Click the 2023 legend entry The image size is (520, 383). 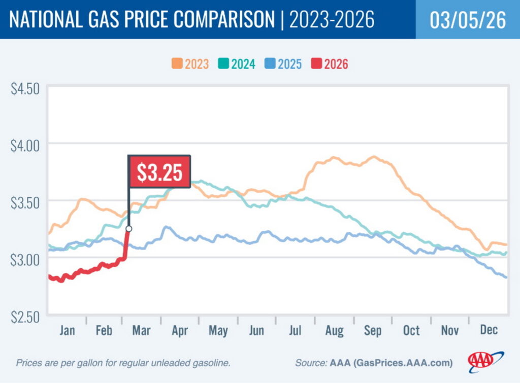tap(190, 64)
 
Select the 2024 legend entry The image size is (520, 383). tap(237, 64)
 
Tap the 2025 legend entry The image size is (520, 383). tap(283, 64)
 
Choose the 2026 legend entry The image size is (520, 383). tap(330, 64)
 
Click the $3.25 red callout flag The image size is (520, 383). tap(159, 171)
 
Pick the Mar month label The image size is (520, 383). tap(141, 331)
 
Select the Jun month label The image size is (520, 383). tap(256, 331)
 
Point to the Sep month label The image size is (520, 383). tap(372, 331)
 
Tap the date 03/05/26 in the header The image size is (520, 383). tap(468, 20)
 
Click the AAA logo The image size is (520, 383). tap(485, 361)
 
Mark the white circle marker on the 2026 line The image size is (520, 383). tap(128, 229)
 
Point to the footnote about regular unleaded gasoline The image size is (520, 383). tap(123, 363)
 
